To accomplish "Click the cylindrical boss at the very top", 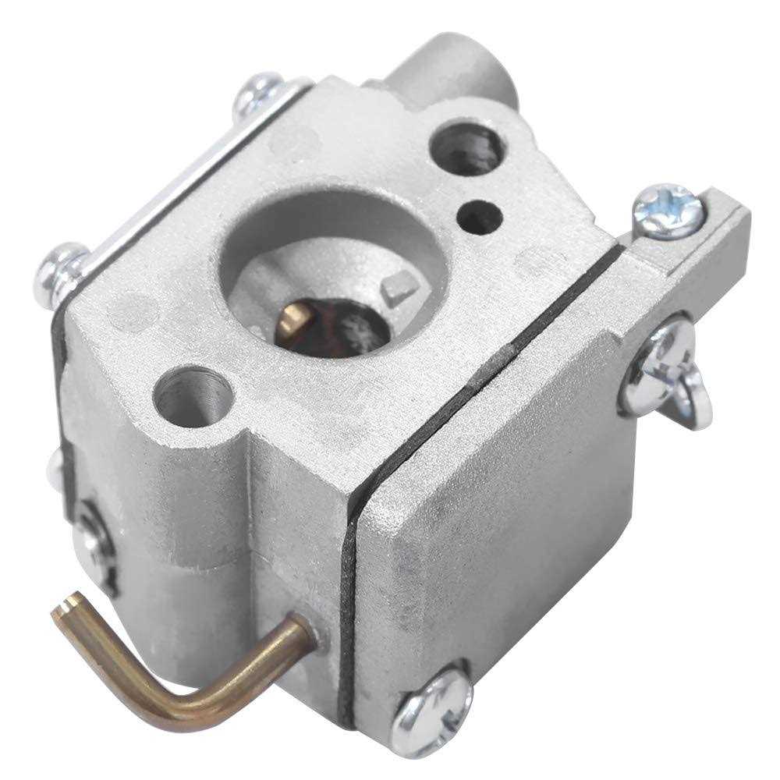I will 452,66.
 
